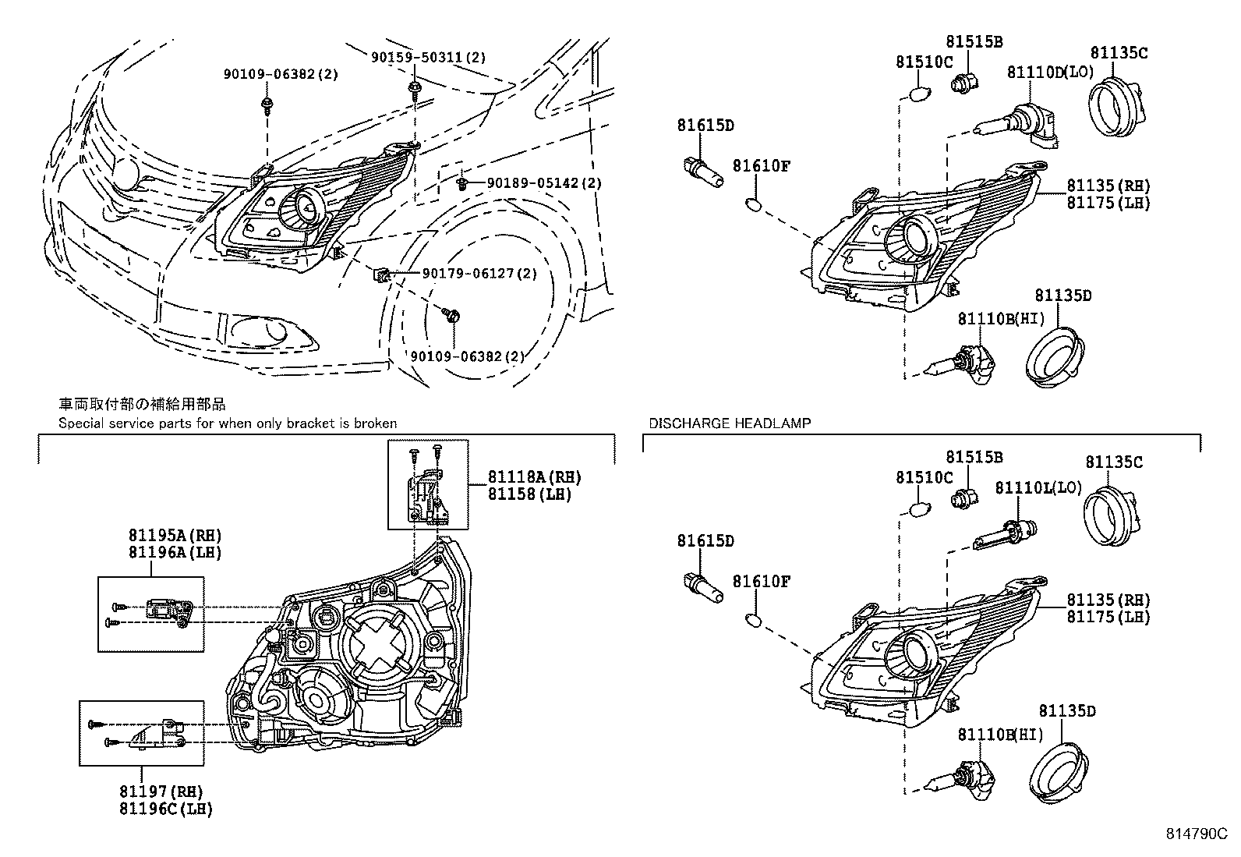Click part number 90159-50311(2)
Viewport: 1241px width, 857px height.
(428, 57)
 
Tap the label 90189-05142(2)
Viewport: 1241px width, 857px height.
(544, 183)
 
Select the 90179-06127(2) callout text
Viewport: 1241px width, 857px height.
(479, 273)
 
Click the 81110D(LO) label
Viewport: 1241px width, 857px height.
(1051, 72)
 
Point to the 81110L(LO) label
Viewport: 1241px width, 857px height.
(1038, 488)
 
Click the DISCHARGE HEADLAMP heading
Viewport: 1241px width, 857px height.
(730, 423)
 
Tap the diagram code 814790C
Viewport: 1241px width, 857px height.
(1197, 833)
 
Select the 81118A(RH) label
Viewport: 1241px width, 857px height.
(535, 476)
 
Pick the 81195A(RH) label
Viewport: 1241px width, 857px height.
(175, 536)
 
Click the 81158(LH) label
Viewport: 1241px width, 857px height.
(529, 494)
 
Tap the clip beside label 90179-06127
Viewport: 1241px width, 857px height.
(380, 274)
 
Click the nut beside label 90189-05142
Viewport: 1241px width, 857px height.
(462, 183)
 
